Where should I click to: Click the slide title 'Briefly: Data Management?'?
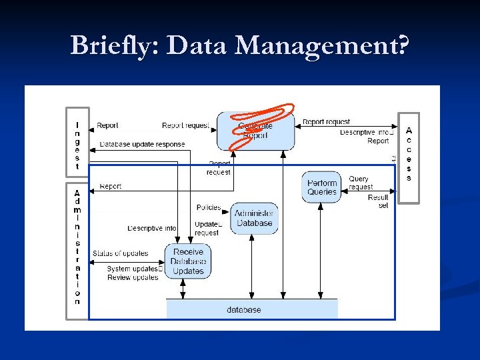[239, 45]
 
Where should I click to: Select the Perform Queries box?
[322, 187]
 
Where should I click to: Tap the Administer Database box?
[254, 218]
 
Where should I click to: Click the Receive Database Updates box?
[188, 261]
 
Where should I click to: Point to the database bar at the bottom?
[251, 309]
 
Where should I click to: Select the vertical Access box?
[409, 156]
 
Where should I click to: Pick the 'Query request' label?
[361, 183]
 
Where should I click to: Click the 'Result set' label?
[378, 201]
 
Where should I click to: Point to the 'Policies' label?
[209, 208]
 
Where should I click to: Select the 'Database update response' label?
[142, 145]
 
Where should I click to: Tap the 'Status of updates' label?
[121, 253]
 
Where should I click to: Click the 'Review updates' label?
[133, 277]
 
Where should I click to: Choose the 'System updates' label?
[133, 269]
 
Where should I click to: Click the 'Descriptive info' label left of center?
[152, 229]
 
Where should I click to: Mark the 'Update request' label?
[207, 228]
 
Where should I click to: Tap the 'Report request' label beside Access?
[326, 122]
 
